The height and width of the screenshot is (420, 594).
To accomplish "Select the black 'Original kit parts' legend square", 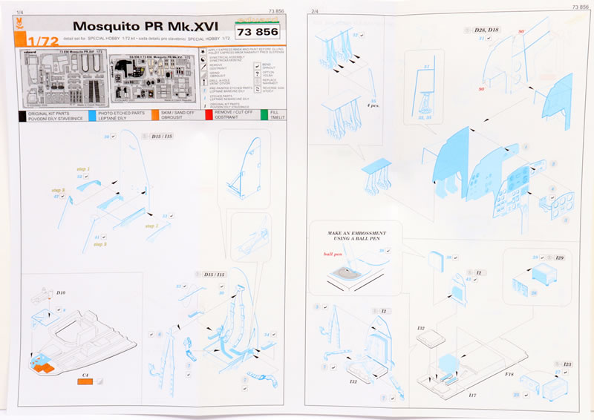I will (22, 116).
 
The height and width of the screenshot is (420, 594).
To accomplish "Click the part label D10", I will (61, 293).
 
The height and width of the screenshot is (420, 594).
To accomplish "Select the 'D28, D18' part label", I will (486, 29).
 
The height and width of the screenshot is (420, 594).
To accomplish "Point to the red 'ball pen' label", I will (324, 254).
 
